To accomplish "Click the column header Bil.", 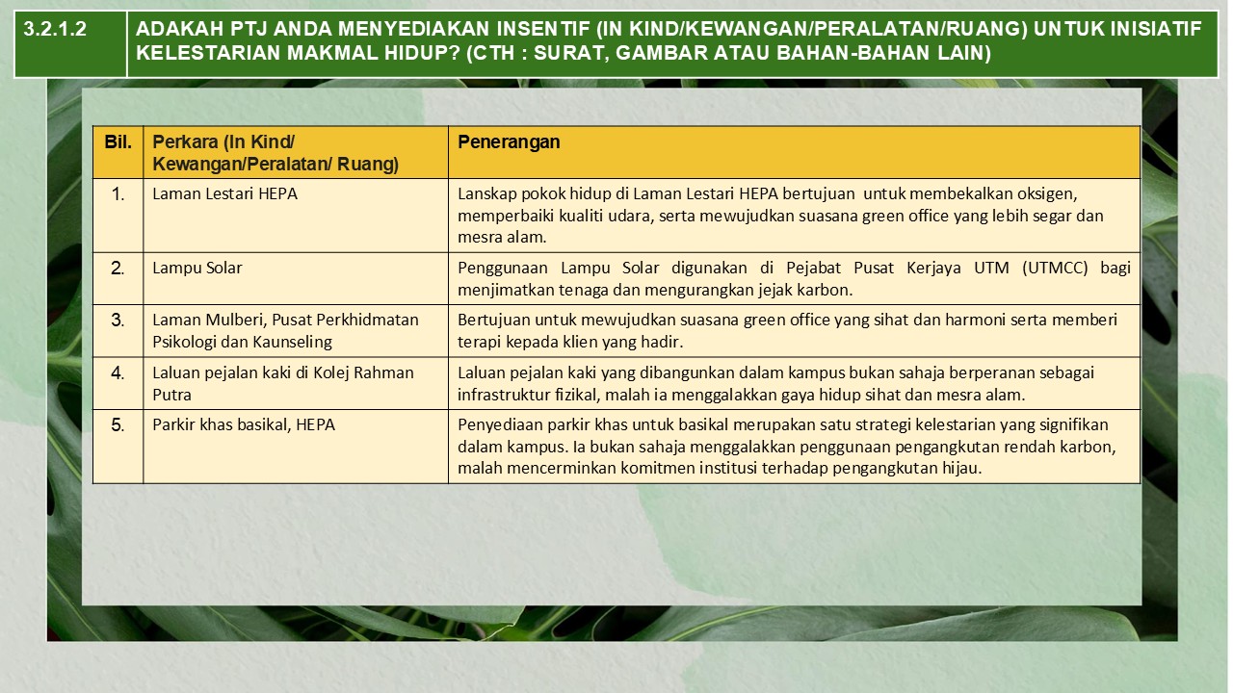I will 118,142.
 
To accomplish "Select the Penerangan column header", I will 509,142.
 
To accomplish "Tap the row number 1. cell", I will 118,194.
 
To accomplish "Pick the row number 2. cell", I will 118,269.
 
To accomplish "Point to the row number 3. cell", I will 118,321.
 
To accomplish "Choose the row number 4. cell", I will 118,373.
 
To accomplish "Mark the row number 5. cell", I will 118,425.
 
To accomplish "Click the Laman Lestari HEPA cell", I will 224,193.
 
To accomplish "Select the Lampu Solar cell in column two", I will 197,268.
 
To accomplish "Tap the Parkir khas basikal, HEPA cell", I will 244,424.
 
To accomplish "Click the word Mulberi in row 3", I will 228,320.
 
